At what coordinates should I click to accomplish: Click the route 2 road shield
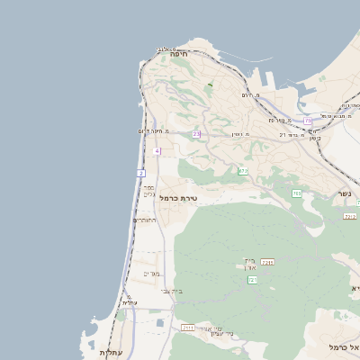[x=141, y=172]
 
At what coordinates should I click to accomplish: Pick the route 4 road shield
[x=157, y=151]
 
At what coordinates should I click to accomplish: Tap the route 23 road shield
[x=196, y=134]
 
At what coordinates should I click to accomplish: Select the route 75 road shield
[x=308, y=120]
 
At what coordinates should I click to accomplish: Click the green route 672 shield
[x=243, y=170]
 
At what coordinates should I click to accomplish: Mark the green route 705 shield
[x=296, y=193]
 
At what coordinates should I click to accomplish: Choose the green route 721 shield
[x=253, y=281]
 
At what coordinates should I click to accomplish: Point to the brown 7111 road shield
[x=188, y=328]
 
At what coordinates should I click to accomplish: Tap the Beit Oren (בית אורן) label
[x=249, y=265]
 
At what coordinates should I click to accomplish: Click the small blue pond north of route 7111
[x=160, y=321]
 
